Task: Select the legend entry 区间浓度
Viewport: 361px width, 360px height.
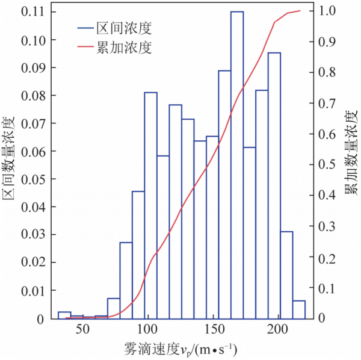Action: [128, 28]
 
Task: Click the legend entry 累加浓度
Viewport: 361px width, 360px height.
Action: [128, 48]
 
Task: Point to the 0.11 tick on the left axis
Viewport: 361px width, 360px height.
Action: [31, 12]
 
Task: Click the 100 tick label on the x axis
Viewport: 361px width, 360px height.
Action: [147, 329]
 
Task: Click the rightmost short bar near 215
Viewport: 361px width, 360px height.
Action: [299, 309]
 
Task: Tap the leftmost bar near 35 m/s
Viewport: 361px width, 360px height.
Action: [64, 315]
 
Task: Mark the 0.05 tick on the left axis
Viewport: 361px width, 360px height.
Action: [31, 179]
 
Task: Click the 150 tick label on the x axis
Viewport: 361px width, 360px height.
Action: [213, 329]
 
